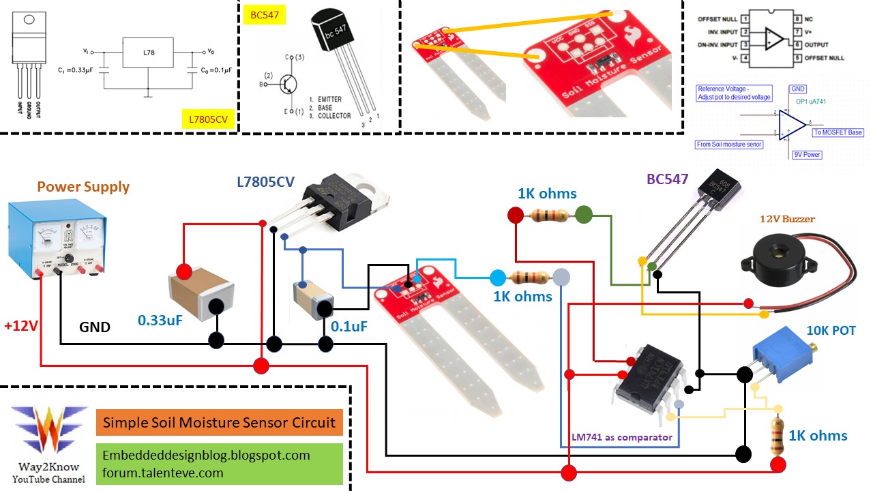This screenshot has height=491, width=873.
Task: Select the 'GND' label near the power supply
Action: point(95,327)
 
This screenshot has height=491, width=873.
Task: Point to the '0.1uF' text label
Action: point(349,326)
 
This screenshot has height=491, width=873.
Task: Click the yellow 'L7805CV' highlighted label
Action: point(208,119)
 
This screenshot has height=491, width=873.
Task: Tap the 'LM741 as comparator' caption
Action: point(622,437)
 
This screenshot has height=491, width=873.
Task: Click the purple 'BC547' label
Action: point(667,179)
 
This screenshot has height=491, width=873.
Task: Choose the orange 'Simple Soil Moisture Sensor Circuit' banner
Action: point(219,423)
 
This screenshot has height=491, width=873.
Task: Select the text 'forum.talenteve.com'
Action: point(163,472)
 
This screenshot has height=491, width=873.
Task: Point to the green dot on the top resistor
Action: point(584,215)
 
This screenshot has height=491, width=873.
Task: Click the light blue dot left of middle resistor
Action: point(498,278)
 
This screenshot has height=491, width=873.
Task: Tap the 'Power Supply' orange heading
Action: point(83,187)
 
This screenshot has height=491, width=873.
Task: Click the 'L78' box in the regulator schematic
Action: point(148,53)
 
